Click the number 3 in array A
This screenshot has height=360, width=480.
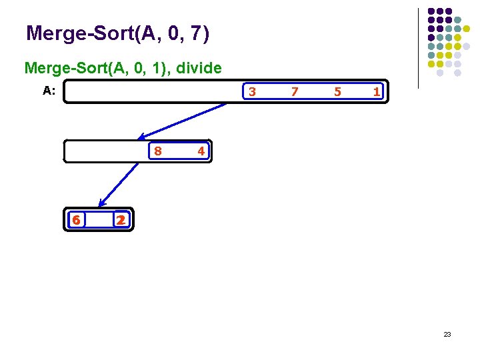pos(252,91)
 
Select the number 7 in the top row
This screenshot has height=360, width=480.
pos(295,91)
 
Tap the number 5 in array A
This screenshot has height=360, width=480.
pos(337,91)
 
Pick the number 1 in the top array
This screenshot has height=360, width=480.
pos(377,91)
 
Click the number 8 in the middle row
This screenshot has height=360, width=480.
pos(157,151)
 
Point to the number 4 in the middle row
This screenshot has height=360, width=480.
pos(201,151)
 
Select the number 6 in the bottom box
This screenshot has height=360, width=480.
pos(77,220)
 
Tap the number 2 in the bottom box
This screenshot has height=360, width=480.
pos(120,220)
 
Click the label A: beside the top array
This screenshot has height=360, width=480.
pos(49,91)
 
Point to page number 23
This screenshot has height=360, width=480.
pos(447,334)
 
